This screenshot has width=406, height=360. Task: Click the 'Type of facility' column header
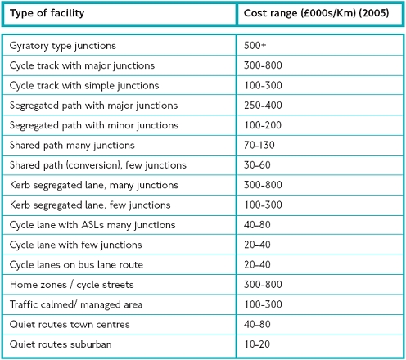pyautogui.click(x=47, y=13)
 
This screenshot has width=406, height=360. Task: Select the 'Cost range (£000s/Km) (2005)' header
pyautogui.click(x=316, y=13)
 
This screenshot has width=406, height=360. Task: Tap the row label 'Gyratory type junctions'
pyautogui.click(x=63, y=46)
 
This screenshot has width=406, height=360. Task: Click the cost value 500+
pyautogui.click(x=255, y=45)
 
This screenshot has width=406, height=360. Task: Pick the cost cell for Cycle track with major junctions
pyautogui.click(x=263, y=65)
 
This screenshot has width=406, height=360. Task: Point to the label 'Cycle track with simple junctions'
pyautogui.click(x=84, y=86)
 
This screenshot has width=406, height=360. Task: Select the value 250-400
pyautogui.click(x=263, y=106)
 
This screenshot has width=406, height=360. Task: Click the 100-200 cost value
pyautogui.click(x=263, y=125)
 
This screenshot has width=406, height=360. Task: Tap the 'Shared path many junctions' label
pyautogui.click(x=72, y=146)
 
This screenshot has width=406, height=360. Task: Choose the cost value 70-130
pyautogui.click(x=259, y=145)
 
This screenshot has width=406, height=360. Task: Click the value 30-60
pyautogui.click(x=257, y=165)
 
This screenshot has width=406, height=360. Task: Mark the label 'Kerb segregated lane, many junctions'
pyautogui.click(x=94, y=185)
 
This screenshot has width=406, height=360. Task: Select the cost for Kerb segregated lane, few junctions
pyautogui.click(x=263, y=205)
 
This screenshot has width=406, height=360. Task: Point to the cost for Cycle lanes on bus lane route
pyautogui.click(x=257, y=264)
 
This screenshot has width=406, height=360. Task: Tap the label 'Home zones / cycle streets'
pyautogui.click(x=72, y=285)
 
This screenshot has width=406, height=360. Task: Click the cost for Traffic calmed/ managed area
pyautogui.click(x=263, y=304)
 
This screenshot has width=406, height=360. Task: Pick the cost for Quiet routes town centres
pyautogui.click(x=257, y=324)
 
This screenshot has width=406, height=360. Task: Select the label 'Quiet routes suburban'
pyautogui.click(x=61, y=344)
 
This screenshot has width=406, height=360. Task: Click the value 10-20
pyautogui.click(x=257, y=344)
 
